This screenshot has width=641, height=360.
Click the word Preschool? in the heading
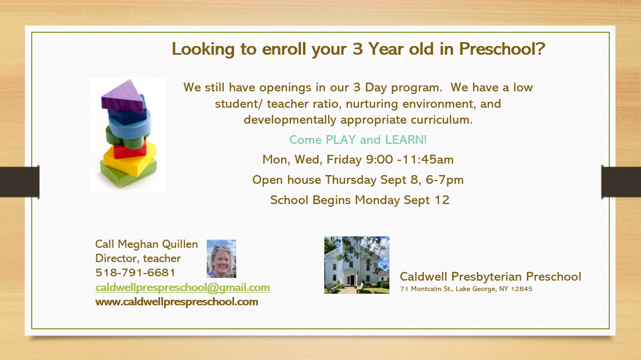502,49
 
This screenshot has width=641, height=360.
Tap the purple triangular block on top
123,96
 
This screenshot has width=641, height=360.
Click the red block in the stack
130,149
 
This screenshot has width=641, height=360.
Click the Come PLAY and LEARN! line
358,140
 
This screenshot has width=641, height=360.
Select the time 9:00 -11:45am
410,160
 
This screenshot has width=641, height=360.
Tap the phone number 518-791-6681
135,272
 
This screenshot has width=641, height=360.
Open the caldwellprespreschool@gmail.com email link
182,288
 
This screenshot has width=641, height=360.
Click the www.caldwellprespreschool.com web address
177,302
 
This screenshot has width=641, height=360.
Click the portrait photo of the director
222,259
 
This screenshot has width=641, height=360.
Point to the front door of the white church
351,280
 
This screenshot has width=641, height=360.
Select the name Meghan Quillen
158,244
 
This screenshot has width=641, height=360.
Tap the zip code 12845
522,289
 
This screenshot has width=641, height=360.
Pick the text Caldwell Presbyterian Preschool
491,276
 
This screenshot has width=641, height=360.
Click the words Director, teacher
138,259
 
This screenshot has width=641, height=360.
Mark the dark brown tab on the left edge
20,182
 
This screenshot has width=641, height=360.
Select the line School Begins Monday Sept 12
360,200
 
